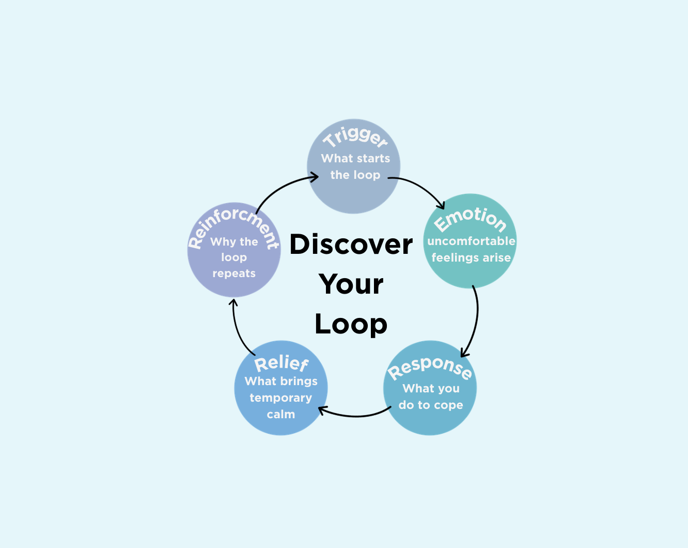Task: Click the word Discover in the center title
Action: coord(351,245)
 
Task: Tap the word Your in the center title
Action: coord(351,284)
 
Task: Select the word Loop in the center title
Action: coord(351,325)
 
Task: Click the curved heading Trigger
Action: coord(355,137)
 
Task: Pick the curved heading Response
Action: coord(430,367)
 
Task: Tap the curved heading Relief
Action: coord(282,363)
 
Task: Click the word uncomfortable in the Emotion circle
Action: coord(471,241)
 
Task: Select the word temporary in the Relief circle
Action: coord(281,398)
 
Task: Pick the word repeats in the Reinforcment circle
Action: coord(234,273)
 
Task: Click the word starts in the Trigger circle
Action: coord(374,159)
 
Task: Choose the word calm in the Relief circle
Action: coord(281,415)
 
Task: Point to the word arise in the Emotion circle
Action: coord(496,258)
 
